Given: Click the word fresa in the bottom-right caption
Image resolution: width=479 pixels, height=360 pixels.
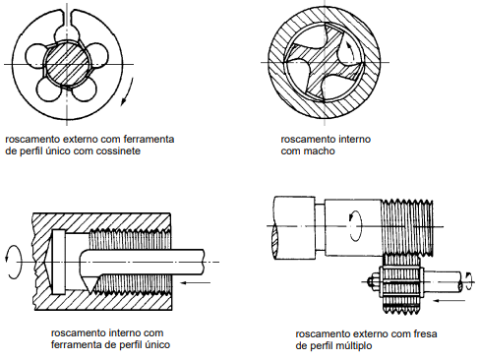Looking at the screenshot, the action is coord(425,334).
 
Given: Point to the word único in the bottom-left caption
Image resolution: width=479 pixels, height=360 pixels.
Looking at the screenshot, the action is coord(158,344).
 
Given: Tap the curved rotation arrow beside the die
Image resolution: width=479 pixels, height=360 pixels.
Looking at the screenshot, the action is coord(128,91).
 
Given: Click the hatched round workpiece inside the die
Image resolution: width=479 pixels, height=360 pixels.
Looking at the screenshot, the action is coord(67,64).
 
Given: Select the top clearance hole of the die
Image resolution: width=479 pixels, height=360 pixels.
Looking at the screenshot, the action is coord(67,34).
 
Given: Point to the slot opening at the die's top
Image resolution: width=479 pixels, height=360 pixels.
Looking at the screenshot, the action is coord(67,16).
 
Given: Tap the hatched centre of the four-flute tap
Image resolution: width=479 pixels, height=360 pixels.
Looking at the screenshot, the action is coord(325,62).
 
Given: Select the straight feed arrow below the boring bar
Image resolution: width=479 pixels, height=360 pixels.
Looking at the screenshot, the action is coord(196,282).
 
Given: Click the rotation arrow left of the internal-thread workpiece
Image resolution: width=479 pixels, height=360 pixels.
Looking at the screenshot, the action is coord(13,262).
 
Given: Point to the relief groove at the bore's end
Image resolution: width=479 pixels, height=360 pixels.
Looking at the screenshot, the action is coord(59,262).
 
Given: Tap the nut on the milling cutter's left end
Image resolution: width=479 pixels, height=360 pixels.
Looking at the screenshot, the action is coord(373,282).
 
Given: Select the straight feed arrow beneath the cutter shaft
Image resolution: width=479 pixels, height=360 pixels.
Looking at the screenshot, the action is coord(449,300).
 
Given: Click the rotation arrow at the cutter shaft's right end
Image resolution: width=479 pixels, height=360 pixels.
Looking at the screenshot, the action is coord(469,281).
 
